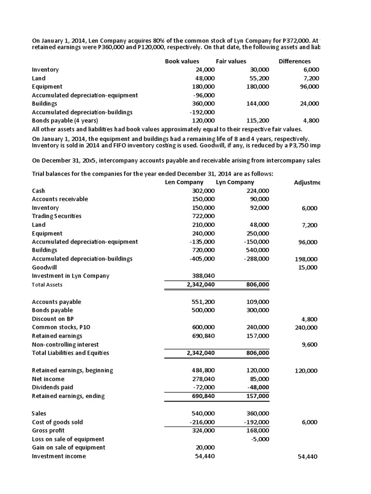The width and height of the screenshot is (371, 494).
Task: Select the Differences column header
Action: click(294, 61)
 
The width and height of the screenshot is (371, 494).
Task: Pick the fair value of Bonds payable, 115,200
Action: click(258, 120)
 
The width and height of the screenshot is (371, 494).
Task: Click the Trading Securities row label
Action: click(57, 216)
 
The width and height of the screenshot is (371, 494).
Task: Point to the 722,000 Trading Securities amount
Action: click(203, 216)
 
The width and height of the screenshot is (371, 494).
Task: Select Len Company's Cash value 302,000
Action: click(203, 191)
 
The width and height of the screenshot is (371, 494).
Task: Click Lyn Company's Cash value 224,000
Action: click(258, 191)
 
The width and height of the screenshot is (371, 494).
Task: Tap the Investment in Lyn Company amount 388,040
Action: click(203, 275)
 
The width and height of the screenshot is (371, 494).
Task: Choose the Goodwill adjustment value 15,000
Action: click(308, 267)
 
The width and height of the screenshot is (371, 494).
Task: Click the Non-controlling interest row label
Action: click(65, 344)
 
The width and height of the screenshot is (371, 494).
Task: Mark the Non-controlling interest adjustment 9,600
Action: click(310, 344)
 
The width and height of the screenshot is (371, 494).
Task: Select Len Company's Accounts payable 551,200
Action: click(203, 302)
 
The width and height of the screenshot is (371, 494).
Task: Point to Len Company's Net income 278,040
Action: click(203, 379)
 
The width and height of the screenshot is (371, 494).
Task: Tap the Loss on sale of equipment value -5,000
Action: click(260, 439)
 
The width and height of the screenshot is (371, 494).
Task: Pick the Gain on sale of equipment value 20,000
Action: click(205, 448)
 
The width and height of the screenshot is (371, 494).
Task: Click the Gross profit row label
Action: click(48, 430)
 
